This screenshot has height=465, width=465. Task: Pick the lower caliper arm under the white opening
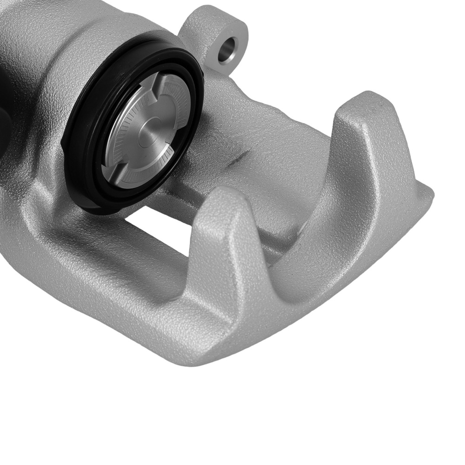click(116, 270)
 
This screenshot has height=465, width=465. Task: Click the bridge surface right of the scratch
click(279, 153)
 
